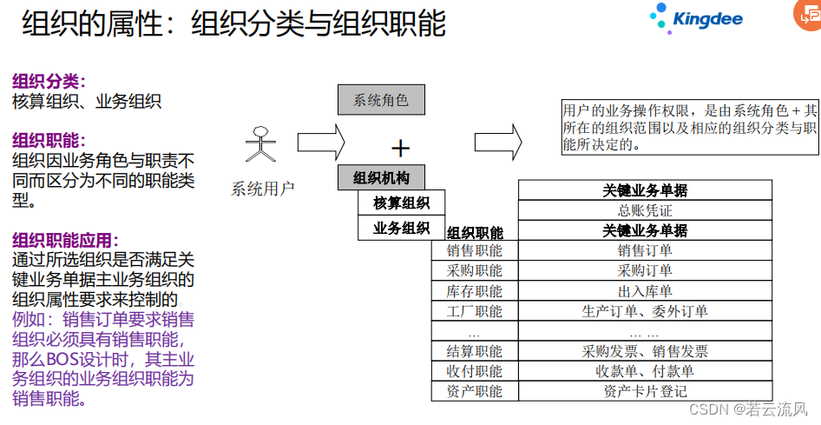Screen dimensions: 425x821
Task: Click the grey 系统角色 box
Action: coord(380,100)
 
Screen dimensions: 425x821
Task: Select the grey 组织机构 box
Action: coord(381,178)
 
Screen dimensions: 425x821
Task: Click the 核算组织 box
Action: coord(401,203)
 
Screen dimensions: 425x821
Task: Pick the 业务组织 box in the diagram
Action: coord(401,229)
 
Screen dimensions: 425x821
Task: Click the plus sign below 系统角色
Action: coord(400,147)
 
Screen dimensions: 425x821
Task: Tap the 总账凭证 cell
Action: coord(645,210)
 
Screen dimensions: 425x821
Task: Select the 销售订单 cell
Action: coord(645,250)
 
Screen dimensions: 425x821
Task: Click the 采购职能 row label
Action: coord(475,270)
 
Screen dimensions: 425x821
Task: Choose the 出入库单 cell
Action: coord(645,291)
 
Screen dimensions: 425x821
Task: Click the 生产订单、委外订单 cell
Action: coord(645,311)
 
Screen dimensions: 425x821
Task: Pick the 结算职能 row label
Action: coord(475,351)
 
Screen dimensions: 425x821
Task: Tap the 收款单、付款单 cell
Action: coord(645,371)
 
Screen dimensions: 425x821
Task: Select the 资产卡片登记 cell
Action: coord(645,391)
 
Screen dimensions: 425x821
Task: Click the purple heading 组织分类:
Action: coord(49,82)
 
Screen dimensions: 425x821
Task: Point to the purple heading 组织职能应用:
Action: coord(66,241)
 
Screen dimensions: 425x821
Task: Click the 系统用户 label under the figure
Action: coord(263,188)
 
